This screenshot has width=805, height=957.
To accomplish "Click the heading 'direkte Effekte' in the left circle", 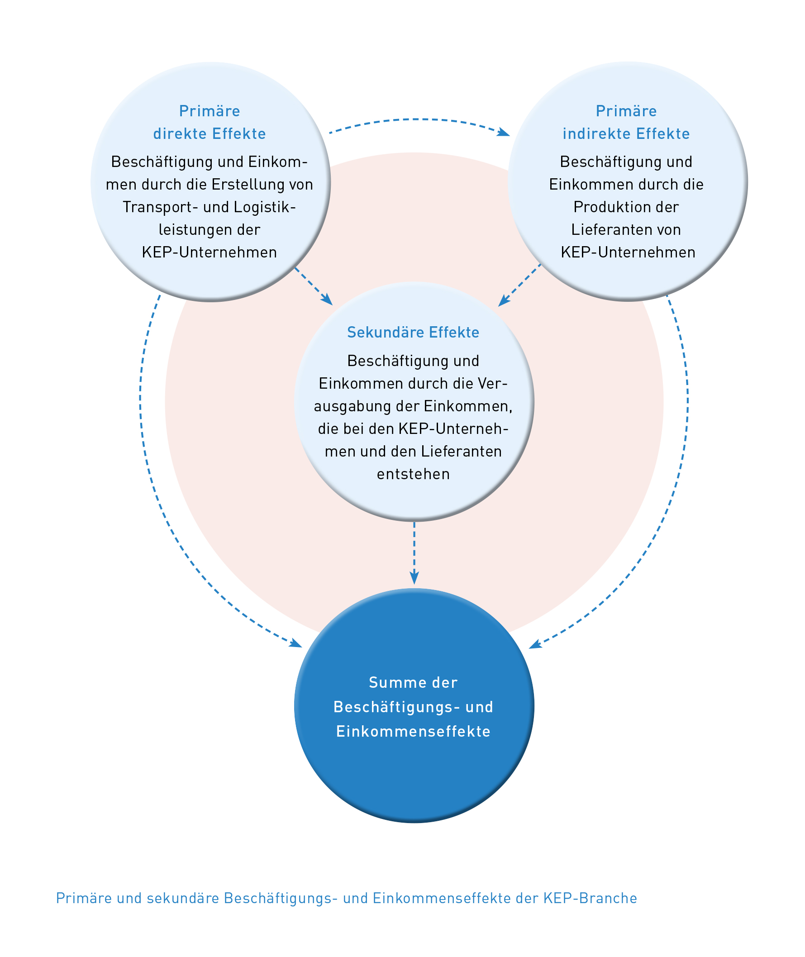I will click(x=210, y=134).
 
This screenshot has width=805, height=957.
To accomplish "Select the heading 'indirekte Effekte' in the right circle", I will click(x=626, y=134).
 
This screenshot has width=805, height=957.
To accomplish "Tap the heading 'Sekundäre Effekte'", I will click(x=413, y=333).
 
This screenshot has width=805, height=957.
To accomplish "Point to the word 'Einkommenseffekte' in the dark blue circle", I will click(x=413, y=732).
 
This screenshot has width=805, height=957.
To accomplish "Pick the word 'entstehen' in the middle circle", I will click(x=413, y=475).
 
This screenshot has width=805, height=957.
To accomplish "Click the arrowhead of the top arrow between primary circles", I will click(x=504, y=132).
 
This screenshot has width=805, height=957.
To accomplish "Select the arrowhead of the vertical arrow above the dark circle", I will click(x=414, y=578).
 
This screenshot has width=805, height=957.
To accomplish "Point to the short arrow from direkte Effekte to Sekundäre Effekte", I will click(x=314, y=286).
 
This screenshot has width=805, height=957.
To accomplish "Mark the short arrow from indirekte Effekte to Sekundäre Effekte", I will click(x=519, y=285).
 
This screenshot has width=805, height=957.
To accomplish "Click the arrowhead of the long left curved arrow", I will click(x=297, y=644).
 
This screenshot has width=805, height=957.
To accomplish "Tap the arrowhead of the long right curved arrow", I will click(x=534, y=645).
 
